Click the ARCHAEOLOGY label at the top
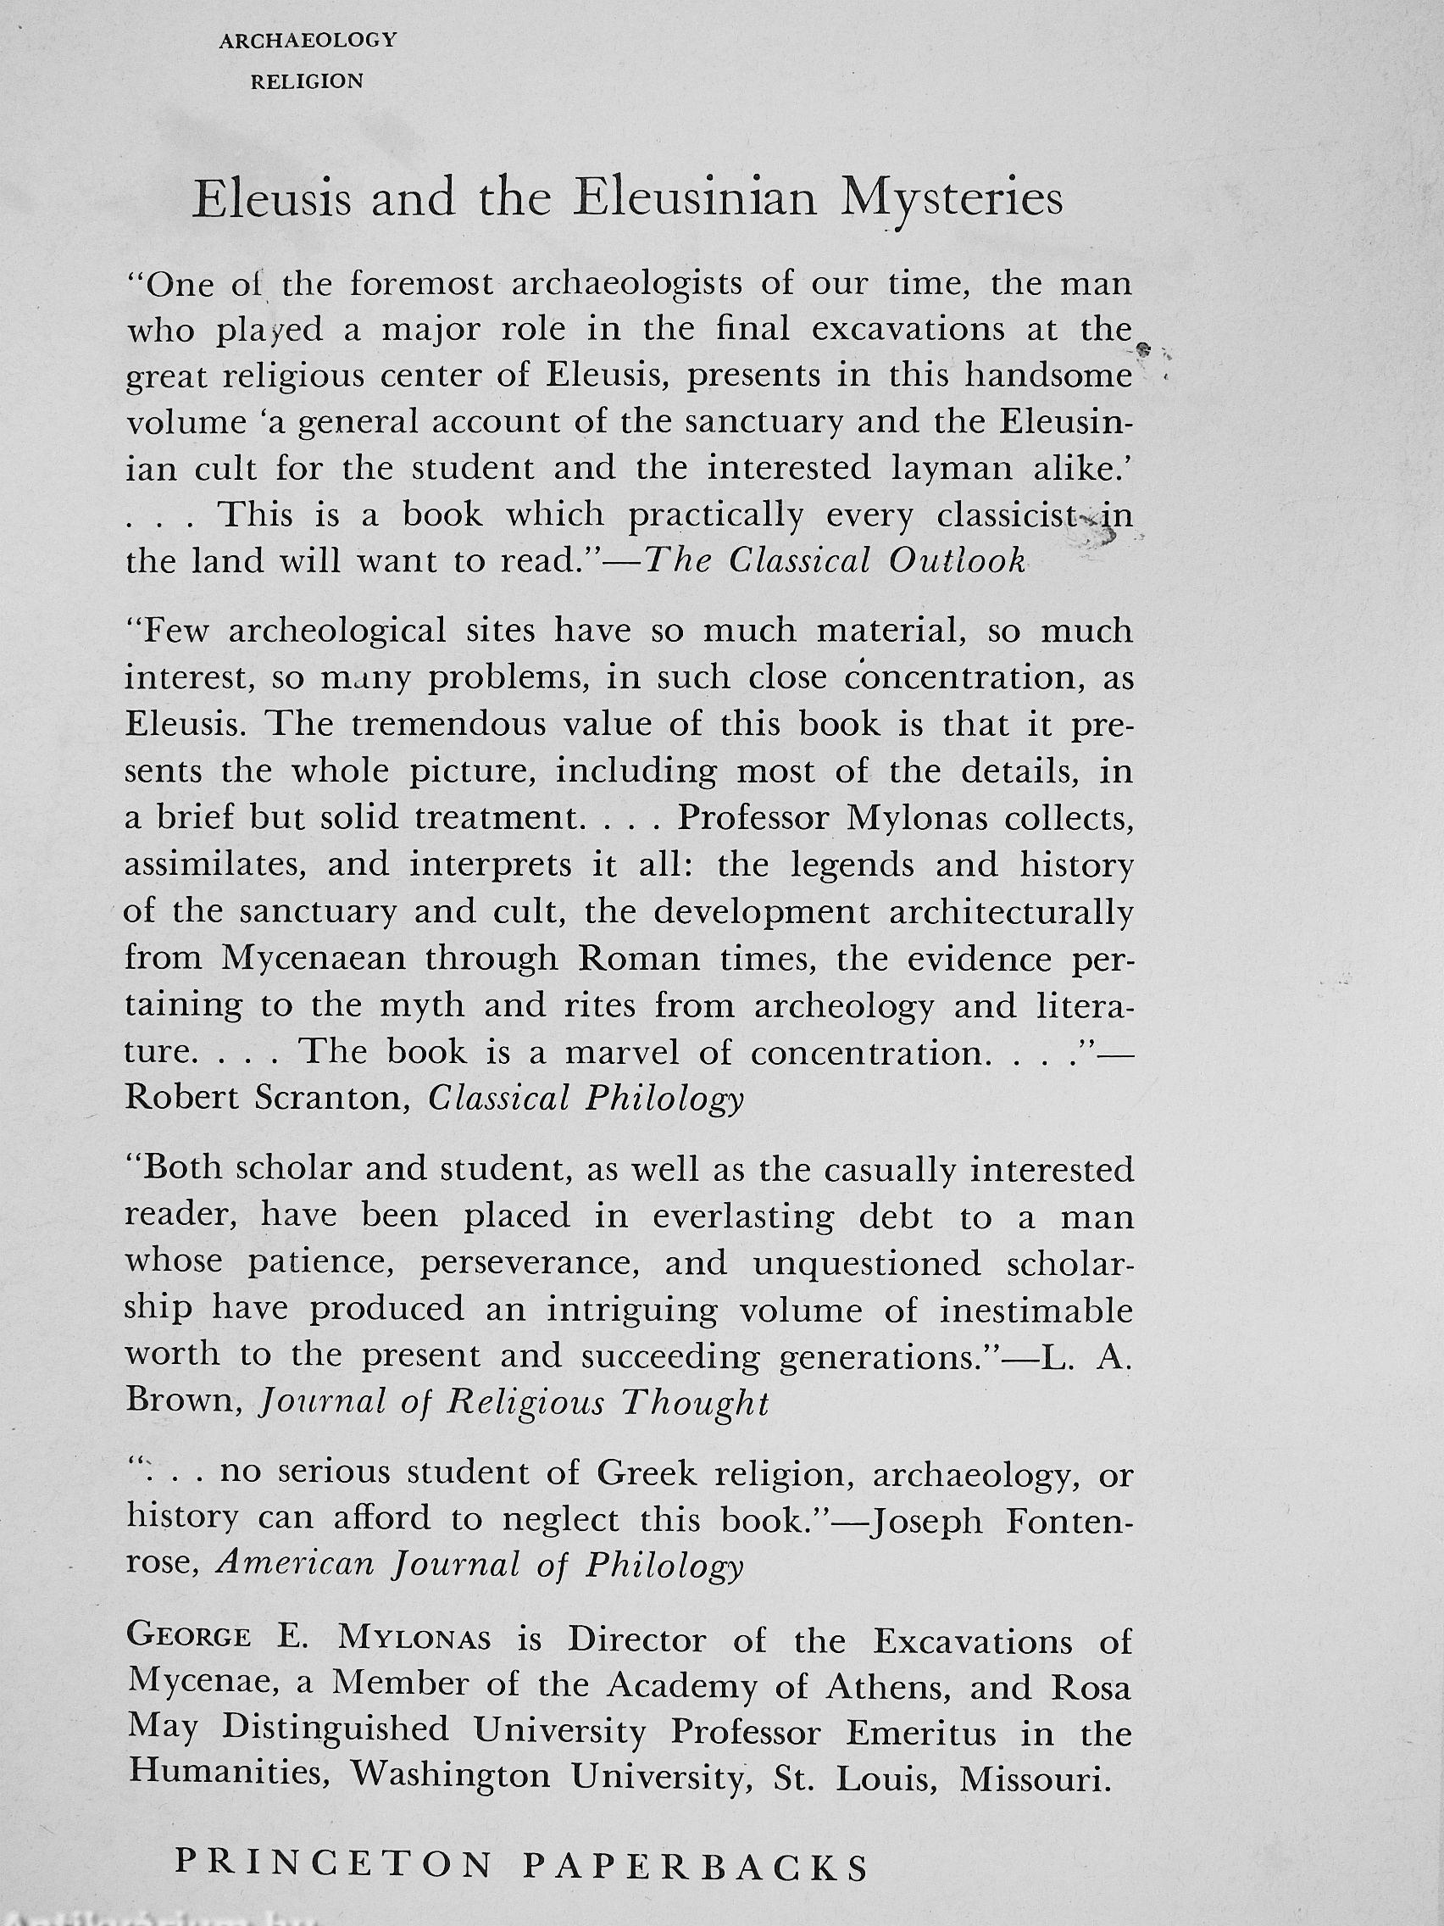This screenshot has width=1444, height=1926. (x=308, y=40)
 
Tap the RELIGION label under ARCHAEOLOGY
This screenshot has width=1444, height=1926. (x=308, y=82)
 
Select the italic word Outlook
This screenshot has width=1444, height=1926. (x=957, y=561)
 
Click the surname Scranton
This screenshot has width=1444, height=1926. (x=331, y=1099)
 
